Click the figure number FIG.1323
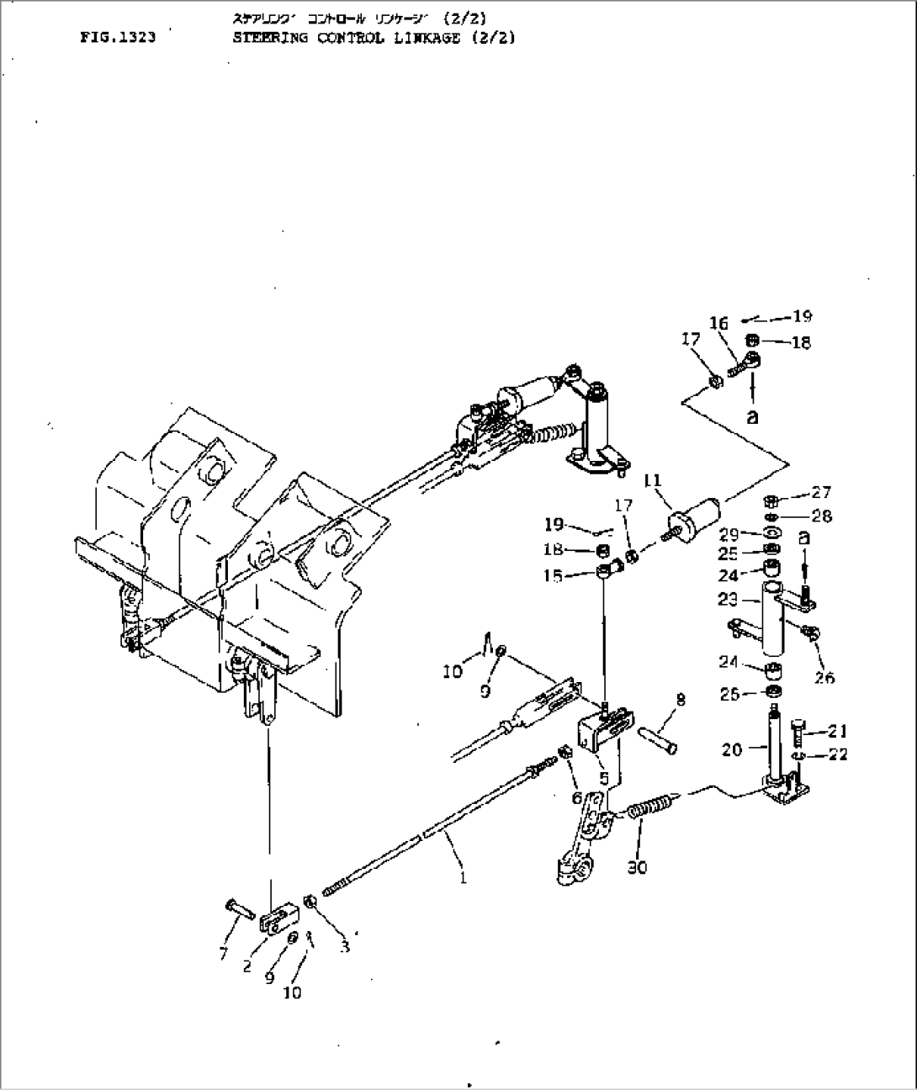tap(118, 38)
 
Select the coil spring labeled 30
tap(649, 810)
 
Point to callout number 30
tap(637, 867)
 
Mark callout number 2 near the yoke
tap(247, 966)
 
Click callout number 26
tap(824, 677)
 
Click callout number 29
tap(728, 534)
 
